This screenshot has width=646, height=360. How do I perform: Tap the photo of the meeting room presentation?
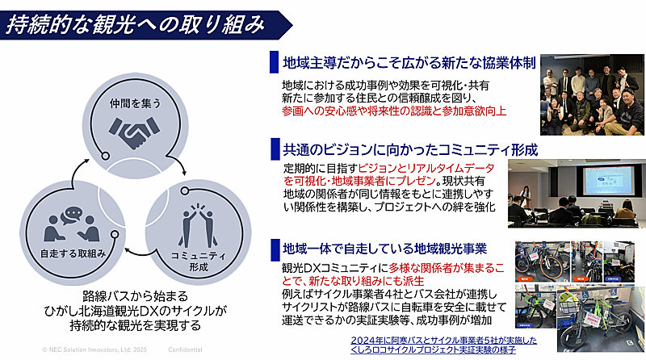[574, 192]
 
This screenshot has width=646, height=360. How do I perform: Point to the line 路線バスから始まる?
[135, 295]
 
